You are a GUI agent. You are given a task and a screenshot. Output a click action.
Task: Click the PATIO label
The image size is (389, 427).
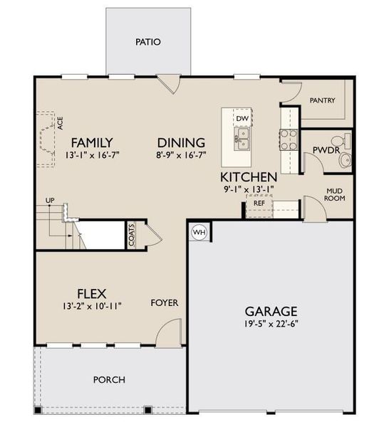(148, 42)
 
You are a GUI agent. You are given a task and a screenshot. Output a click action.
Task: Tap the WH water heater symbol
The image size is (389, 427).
(199, 232)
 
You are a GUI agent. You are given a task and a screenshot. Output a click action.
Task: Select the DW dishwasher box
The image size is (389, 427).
(242, 118)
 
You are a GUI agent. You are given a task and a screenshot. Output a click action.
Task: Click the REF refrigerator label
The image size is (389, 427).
(259, 204)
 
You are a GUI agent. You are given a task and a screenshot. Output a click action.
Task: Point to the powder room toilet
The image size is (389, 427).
(344, 159)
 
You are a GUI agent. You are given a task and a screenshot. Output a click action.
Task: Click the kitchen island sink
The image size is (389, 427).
(242, 137)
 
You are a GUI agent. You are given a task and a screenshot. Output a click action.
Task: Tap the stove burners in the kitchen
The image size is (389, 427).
(289, 139)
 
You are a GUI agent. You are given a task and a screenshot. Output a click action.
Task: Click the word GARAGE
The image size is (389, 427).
(271, 311)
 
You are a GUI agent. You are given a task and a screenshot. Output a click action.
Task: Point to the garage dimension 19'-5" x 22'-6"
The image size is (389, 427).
(271, 325)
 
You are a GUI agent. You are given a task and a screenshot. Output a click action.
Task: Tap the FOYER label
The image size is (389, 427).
(164, 302)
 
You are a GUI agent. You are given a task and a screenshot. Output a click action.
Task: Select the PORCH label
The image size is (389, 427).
(109, 379)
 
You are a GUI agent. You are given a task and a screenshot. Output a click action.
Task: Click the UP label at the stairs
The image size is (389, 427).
(50, 201)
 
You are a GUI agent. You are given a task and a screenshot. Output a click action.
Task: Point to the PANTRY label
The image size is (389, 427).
(322, 100)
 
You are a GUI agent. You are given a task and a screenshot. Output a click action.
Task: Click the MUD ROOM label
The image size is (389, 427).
(336, 194)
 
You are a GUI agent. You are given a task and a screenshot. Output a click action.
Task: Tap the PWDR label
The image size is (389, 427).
(325, 149)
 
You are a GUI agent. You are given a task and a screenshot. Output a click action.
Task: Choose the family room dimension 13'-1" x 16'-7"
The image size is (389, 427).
(91, 154)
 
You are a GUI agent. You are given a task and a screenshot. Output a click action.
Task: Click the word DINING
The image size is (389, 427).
(181, 142)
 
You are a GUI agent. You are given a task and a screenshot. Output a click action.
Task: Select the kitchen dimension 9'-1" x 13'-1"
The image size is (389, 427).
(249, 189)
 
